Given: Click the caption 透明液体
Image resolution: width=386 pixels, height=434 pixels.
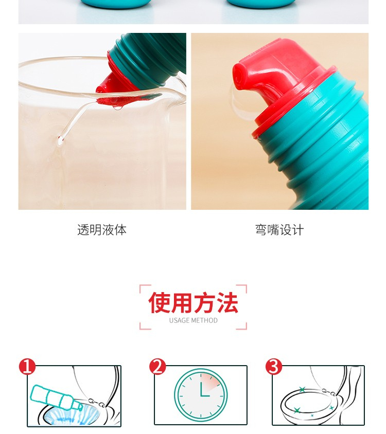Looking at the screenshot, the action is click(102, 230).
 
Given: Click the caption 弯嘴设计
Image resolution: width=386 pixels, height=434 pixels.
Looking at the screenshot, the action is click(279, 230).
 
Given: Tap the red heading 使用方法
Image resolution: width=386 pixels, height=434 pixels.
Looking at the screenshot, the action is click(193, 302).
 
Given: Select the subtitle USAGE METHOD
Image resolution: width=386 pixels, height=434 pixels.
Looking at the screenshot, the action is click(194, 320).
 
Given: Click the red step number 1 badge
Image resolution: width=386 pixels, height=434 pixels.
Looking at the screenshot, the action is click(27, 367).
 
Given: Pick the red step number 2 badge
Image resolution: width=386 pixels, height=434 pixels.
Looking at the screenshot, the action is click(157, 367).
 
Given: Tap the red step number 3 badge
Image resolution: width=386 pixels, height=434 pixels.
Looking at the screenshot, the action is click(274, 367).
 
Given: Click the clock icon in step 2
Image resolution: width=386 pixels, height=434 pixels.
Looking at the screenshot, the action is click(201, 395).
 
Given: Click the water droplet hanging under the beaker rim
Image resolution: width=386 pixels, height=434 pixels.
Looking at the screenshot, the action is click(117, 107).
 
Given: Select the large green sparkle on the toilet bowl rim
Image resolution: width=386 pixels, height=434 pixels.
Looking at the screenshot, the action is click(297, 410).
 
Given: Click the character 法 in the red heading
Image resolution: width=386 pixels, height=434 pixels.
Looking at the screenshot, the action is click(227, 302).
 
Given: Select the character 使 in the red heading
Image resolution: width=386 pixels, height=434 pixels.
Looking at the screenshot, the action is click(160, 302).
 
